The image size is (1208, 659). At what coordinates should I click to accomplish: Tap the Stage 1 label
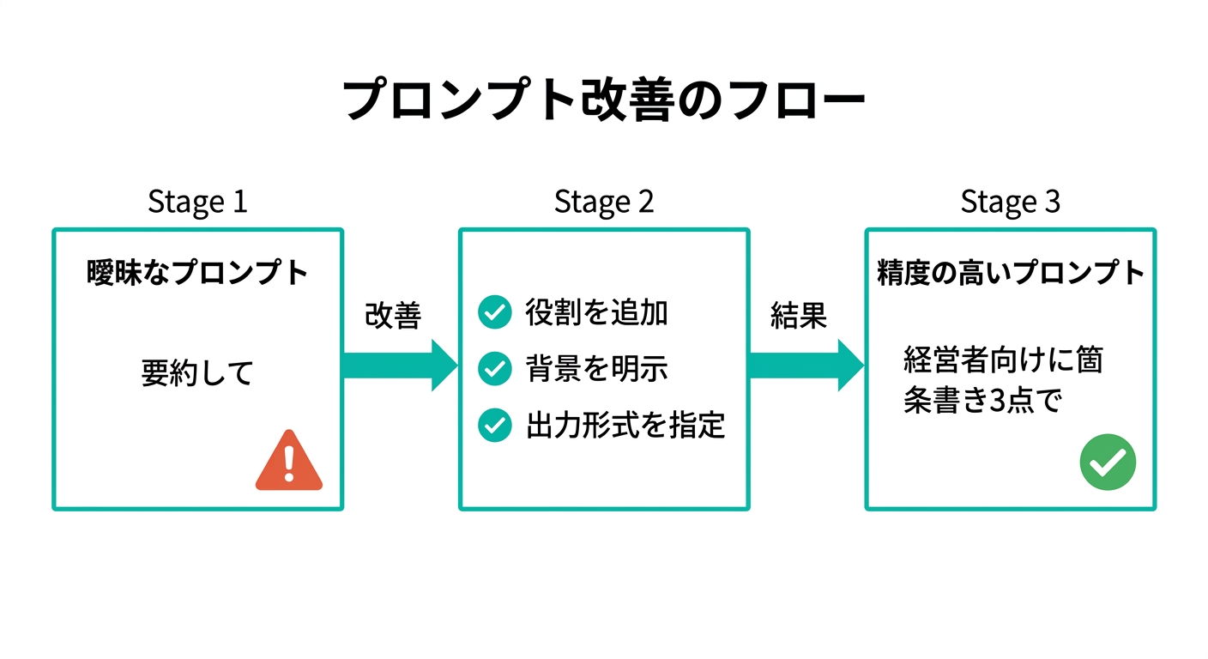(197, 202)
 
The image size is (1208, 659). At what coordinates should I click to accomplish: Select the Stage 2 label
(603, 202)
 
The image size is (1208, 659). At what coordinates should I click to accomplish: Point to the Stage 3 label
(1010, 202)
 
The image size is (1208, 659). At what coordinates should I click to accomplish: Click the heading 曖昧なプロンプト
(197, 273)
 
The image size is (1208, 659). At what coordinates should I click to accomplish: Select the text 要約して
(197, 373)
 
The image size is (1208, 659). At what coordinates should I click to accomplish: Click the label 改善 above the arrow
(393, 316)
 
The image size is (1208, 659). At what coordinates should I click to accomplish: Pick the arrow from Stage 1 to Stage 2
(400, 365)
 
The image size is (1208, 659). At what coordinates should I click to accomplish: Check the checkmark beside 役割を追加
(494, 313)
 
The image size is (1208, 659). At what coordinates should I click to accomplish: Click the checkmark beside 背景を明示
(494, 369)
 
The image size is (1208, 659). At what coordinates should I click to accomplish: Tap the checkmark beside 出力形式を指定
(494, 425)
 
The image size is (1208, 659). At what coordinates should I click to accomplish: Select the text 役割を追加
(596, 313)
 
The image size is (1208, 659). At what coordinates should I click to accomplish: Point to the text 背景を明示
(596, 369)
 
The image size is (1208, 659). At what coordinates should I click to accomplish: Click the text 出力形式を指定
(625, 425)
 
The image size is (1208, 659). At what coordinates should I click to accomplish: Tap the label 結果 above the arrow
(798, 316)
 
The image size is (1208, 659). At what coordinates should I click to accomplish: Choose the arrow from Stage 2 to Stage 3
(806, 365)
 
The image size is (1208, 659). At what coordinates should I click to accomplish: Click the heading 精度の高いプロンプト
(1010, 273)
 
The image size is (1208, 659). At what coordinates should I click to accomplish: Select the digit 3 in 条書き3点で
(999, 402)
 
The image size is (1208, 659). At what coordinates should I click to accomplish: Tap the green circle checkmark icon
(1107, 463)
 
